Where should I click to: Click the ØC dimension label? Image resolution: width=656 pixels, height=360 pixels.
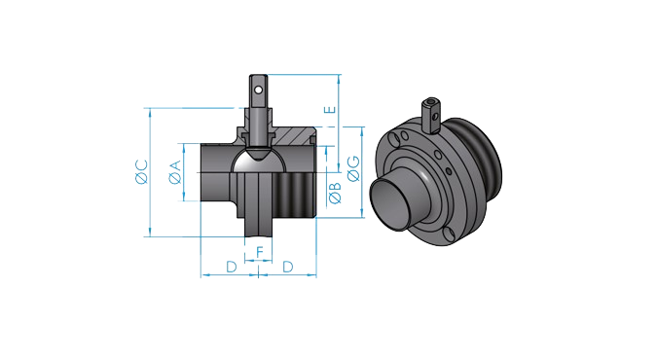[x=142, y=172]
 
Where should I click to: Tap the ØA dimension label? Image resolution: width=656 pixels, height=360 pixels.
[x=175, y=172]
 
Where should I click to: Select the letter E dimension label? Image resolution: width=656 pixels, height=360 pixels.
[x=331, y=110]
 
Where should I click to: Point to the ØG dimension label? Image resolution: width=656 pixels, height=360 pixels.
[x=354, y=169]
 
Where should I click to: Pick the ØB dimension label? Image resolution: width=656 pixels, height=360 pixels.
[x=335, y=194]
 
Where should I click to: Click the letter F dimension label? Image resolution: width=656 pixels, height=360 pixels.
[x=260, y=253]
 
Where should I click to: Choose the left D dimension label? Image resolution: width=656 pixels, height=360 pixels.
[x=232, y=267]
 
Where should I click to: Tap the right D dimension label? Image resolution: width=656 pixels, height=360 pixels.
[x=288, y=267]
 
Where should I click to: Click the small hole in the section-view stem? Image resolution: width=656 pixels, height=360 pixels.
[x=259, y=90]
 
